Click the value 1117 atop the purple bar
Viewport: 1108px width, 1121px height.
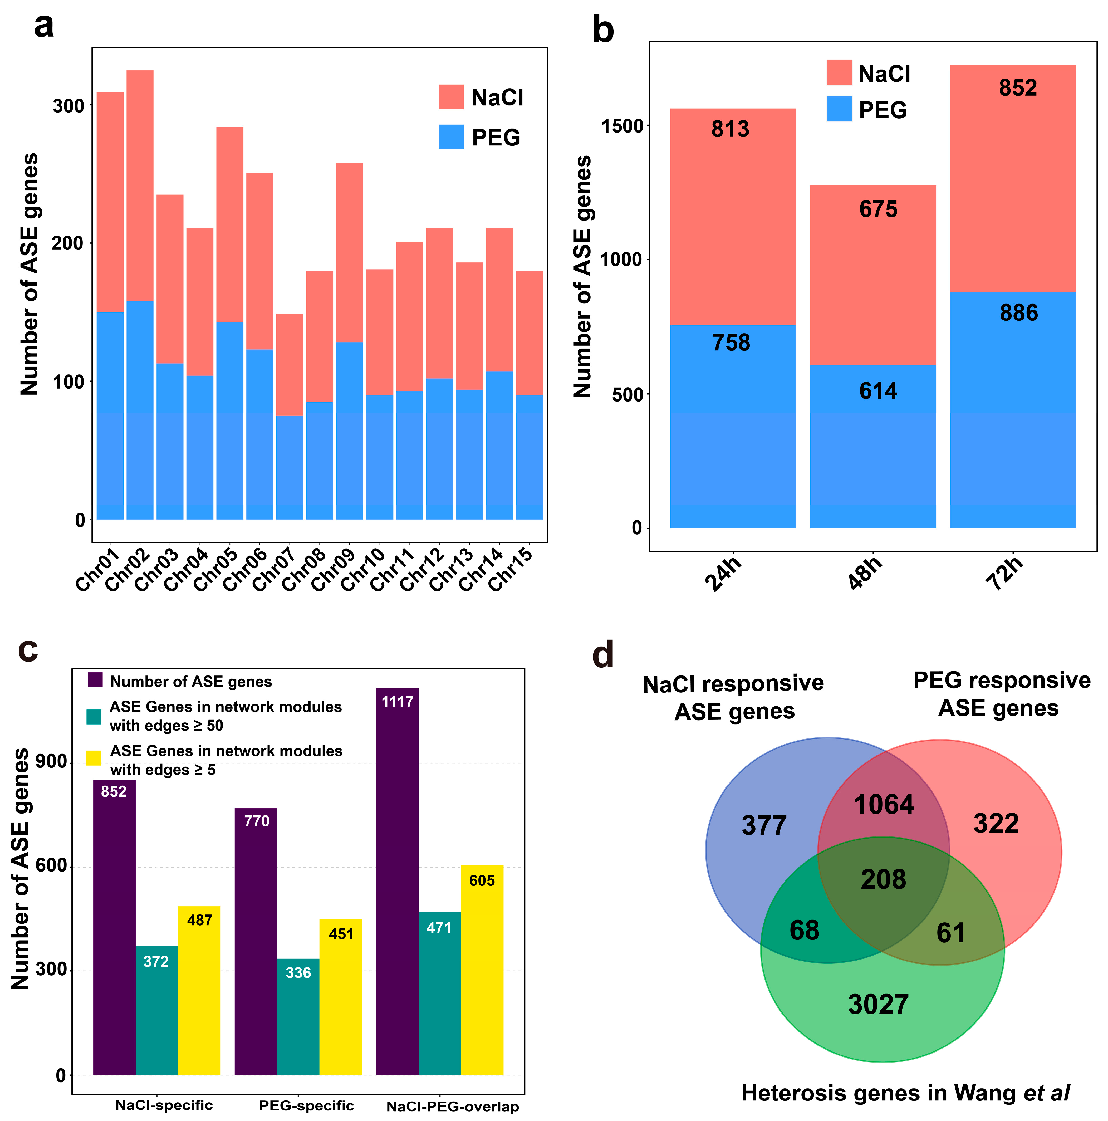397,702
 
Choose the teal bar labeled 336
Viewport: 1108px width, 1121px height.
298,1021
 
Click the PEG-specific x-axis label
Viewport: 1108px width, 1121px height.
306,1105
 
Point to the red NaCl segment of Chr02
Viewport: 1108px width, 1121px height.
140,186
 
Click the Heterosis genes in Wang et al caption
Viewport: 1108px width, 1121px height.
905,1093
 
